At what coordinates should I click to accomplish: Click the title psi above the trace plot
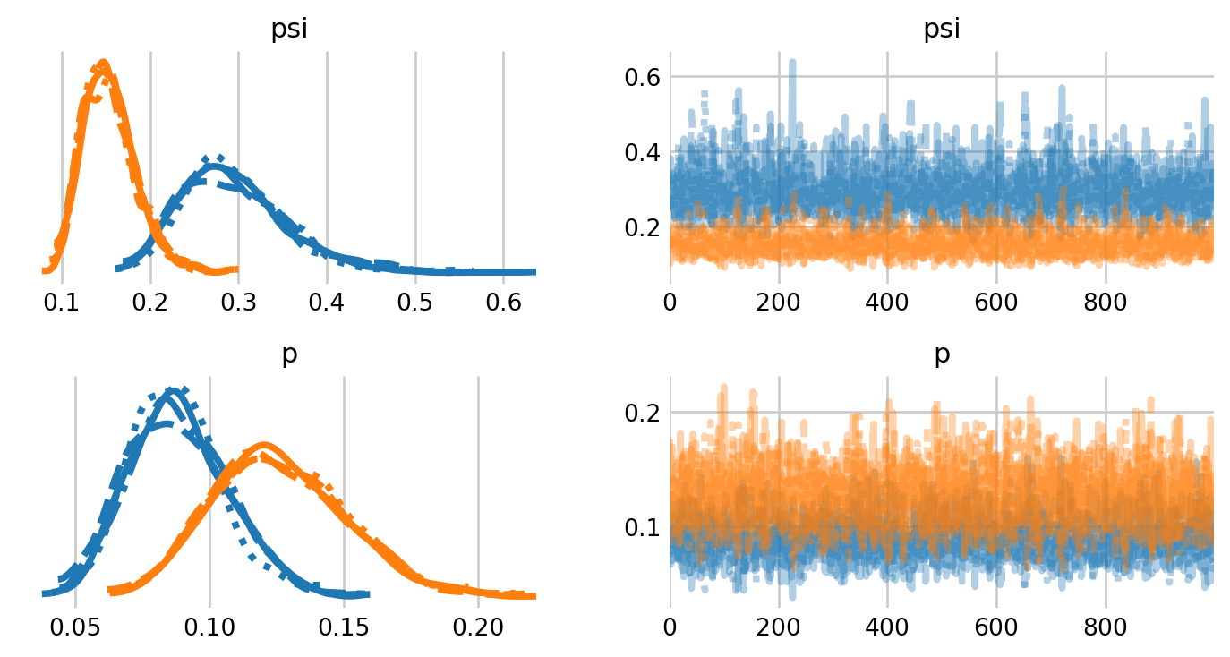point(942,30)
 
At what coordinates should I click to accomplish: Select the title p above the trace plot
point(942,354)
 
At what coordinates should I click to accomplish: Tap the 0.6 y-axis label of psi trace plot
point(642,78)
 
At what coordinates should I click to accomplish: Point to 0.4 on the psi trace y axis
point(642,152)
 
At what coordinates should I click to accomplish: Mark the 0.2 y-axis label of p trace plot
point(642,413)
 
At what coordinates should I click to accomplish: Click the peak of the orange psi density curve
point(102,63)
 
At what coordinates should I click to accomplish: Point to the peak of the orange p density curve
point(263,445)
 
